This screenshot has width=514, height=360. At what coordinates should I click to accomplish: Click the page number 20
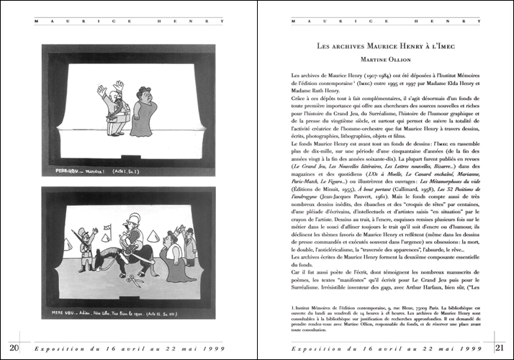pyautogui.click(x=14, y=348)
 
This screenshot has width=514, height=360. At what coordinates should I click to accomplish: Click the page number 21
pyautogui.click(x=500, y=348)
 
